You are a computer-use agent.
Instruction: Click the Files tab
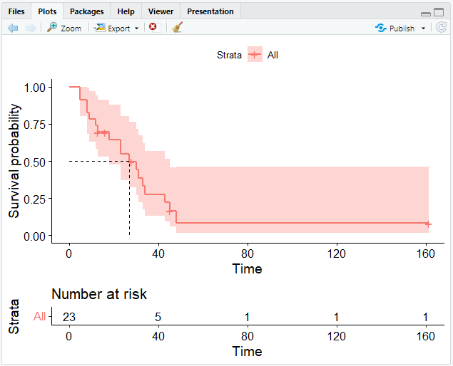coord(16,11)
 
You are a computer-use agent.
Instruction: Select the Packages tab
coord(86,11)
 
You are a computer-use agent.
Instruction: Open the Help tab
coord(126,11)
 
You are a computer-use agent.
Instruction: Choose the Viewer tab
coord(161,11)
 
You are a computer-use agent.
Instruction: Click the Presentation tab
coord(210,11)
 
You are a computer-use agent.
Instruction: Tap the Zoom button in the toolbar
coord(63,28)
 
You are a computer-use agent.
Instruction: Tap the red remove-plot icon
coord(153,27)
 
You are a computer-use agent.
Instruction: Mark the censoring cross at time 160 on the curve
coord(428,224)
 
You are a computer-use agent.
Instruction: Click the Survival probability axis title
coord(14,161)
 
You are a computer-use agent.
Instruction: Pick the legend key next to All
coord(255,55)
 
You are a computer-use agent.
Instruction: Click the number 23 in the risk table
coord(69,317)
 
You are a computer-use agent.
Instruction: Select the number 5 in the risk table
coord(158,317)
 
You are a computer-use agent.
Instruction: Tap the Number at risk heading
coord(99,294)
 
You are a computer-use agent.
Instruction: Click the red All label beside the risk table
coord(39,317)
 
